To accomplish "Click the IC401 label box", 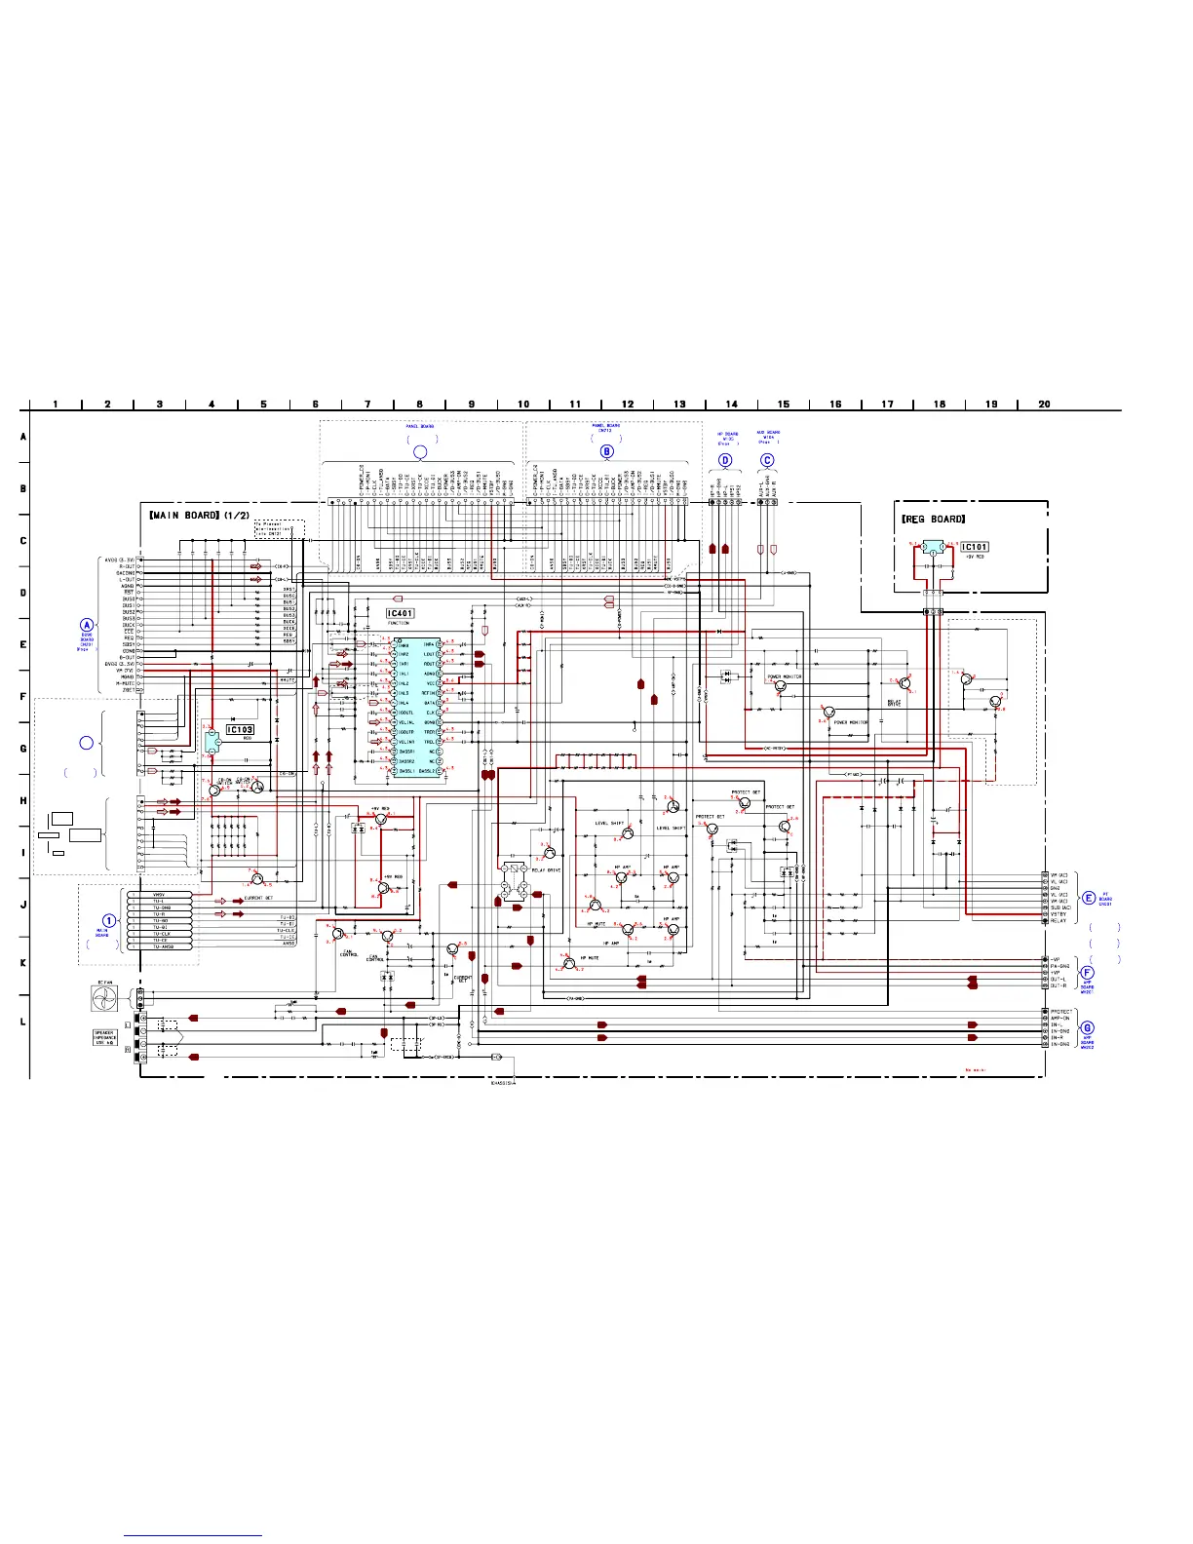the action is tap(400, 613).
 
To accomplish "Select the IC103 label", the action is tap(240, 729).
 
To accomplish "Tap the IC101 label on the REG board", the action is tap(974, 547).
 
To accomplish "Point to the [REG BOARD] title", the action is tap(933, 519).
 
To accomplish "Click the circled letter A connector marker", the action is tap(87, 626).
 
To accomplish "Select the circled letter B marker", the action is tap(607, 451).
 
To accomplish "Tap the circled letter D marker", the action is tap(725, 460).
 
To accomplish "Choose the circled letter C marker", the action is tap(767, 460).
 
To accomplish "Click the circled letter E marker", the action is tap(1089, 898).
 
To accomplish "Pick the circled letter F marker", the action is tap(1088, 972).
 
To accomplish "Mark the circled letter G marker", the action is tap(1088, 1027).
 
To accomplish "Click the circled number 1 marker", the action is tap(109, 920).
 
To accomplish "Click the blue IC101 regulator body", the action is tap(933, 548).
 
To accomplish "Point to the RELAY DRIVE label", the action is tap(546, 870).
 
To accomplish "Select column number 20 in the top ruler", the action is tap(1044, 404).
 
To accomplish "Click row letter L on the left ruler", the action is tap(23, 1022).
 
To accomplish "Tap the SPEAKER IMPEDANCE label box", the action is tap(105, 1037).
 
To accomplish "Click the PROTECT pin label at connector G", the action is tap(1060, 1012).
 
